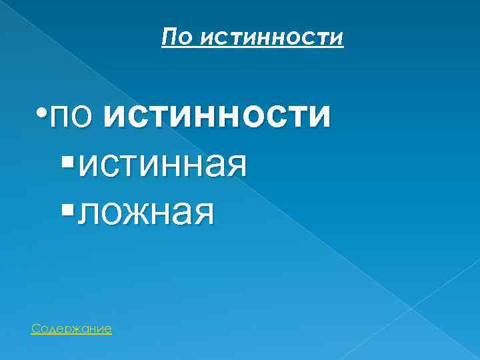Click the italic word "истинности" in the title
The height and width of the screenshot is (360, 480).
[271, 39]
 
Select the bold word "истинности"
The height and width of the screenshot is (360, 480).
[217, 115]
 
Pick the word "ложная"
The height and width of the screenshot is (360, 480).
[147, 213]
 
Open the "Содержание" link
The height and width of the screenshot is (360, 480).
[71, 329]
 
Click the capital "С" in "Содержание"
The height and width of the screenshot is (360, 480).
[35, 329]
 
